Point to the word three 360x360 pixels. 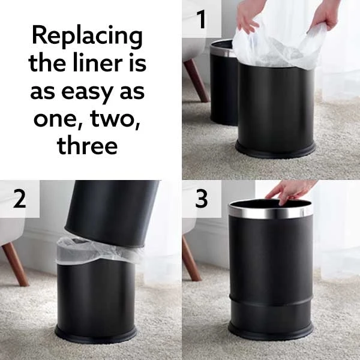pos(87,145)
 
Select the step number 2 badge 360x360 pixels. pos(19,199)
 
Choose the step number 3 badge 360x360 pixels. pos(201,199)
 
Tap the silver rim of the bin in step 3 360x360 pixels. pos(270,212)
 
